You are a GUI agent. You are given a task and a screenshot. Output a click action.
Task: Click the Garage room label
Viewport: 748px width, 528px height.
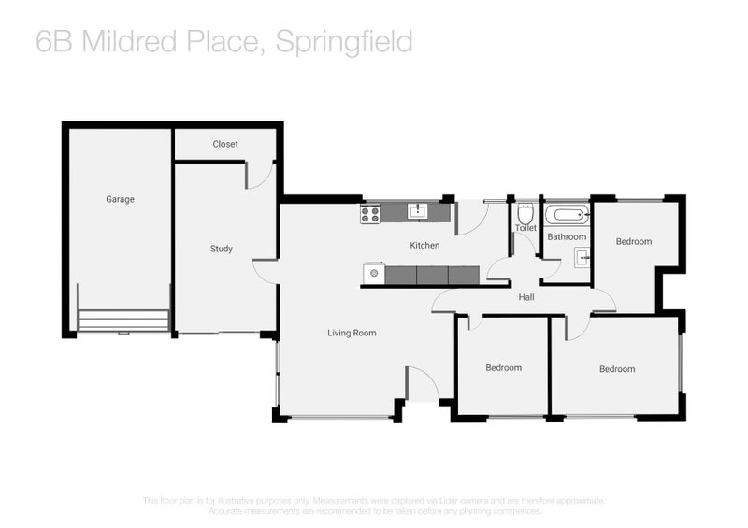120,199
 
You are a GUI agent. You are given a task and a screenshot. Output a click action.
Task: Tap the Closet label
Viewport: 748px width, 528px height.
225,144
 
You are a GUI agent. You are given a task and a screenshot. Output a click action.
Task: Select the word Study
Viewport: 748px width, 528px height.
221,249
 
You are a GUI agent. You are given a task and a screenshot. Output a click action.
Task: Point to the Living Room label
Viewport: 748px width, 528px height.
352,333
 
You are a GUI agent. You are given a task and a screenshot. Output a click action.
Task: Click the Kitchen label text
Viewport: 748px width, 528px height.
424,246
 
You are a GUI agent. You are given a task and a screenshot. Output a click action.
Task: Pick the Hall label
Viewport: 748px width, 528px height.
526,297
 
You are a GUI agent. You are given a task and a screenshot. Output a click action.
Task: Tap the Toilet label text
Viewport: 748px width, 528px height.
525,228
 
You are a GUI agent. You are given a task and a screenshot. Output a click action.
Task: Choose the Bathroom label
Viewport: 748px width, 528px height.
567,236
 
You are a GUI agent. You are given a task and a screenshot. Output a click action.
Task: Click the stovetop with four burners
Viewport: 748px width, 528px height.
370,214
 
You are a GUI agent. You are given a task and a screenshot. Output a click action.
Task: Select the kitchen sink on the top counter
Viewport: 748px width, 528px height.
417,212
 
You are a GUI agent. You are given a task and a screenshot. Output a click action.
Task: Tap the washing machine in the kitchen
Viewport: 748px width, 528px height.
374,274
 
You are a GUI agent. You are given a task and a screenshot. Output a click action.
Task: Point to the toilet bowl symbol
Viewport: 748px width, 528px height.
525,213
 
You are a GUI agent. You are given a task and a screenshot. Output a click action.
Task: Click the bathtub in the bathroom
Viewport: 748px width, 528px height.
568,215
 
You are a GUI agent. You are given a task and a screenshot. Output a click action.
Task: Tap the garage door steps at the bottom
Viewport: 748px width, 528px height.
123,321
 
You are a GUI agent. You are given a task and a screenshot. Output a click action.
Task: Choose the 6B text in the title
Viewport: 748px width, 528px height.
52,42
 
